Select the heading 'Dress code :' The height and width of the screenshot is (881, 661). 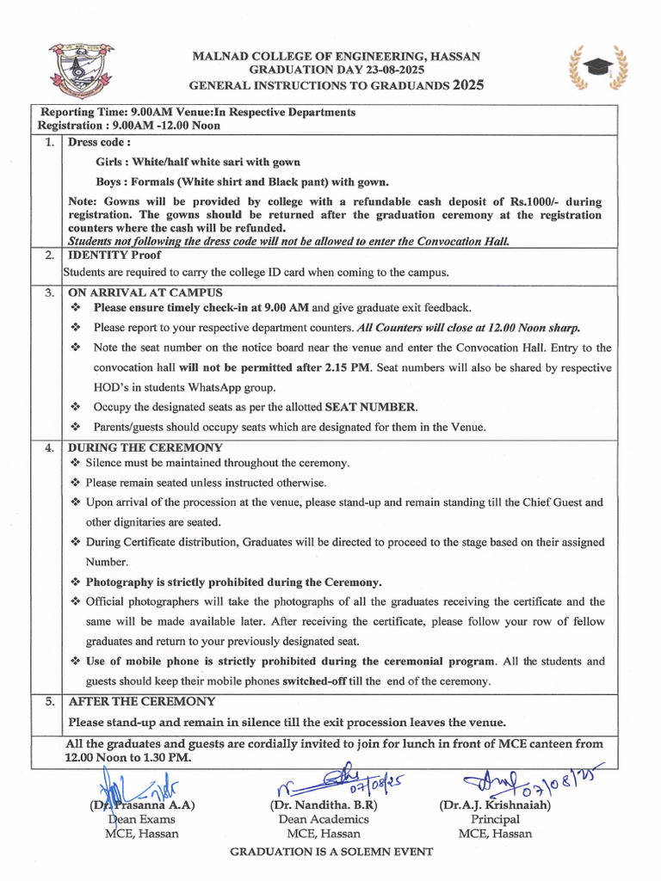pos(99,142)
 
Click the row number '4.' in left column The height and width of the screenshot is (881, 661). pos(50,447)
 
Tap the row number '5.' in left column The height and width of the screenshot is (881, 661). pos(50,702)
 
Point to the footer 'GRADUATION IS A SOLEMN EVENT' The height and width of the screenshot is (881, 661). pos(330,852)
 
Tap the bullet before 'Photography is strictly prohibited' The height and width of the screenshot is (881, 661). pos(75,582)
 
